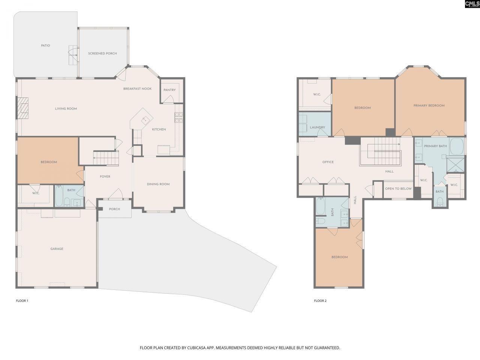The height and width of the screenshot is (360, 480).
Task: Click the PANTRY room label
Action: click(x=169, y=90)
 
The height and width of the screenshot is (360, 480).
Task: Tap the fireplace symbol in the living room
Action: click(x=23, y=108)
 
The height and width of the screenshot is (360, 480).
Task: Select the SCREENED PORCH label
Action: click(x=102, y=54)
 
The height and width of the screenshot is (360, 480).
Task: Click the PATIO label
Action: click(x=45, y=46)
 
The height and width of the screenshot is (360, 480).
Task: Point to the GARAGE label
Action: click(x=57, y=249)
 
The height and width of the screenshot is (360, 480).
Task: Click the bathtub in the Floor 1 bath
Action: click(x=59, y=196)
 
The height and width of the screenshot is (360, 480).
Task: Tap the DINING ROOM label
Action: click(x=158, y=184)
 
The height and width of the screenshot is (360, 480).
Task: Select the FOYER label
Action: click(x=105, y=177)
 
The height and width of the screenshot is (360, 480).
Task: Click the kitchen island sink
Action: click(x=144, y=120)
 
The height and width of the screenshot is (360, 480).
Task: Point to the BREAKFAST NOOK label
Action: click(x=137, y=89)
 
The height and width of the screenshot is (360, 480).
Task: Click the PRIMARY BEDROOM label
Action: click(x=429, y=106)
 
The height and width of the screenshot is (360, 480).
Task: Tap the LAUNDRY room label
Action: click(x=317, y=127)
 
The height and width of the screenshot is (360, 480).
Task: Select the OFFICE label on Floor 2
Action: click(x=328, y=162)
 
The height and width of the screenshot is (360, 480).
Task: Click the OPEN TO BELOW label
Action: click(x=398, y=189)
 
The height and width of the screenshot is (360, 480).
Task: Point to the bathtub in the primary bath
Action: click(x=456, y=147)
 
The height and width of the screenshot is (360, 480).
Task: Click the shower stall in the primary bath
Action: click(x=455, y=164)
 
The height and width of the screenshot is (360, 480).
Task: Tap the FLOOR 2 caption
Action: click(x=320, y=301)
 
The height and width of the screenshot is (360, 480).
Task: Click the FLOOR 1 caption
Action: click(x=22, y=301)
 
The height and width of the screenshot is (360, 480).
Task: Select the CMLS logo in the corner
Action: click(x=472, y=4)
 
